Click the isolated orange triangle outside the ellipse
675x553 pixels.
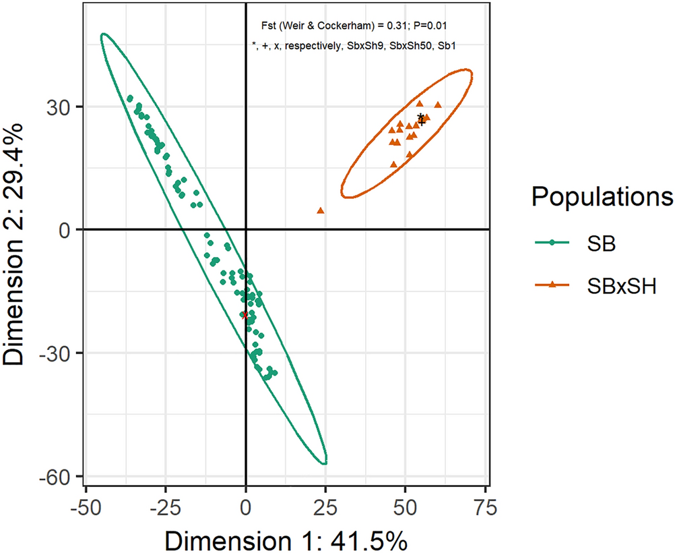click(321, 210)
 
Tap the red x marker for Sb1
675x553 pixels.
click(245, 315)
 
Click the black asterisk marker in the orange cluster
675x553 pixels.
click(420, 117)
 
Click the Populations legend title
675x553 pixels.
click(602, 197)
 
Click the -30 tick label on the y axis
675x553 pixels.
click(58, 353)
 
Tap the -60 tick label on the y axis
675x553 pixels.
click(58, 476)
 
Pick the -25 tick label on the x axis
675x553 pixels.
click(166, 506)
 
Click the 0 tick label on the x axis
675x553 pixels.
click(246, 506)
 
